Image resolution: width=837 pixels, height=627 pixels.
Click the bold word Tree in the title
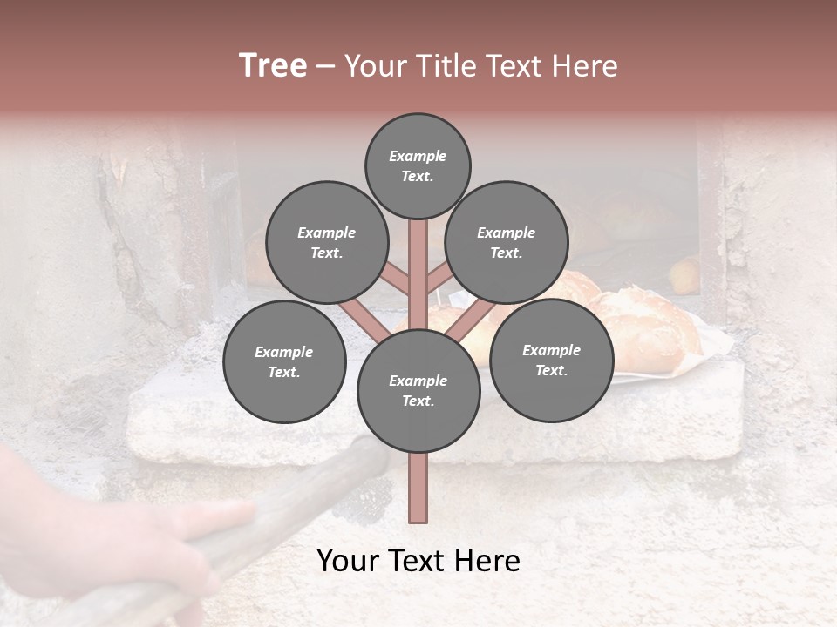click(273, 66)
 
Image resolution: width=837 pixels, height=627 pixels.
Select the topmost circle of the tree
click(418, 165)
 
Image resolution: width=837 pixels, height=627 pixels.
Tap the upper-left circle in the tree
click(326, 242)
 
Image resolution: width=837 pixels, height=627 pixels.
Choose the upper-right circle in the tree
click(506, 242)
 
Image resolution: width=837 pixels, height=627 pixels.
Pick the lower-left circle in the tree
click(283, 361)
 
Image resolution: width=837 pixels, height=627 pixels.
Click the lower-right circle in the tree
click(551, 360)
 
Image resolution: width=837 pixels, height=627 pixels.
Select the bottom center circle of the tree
click(418, 390)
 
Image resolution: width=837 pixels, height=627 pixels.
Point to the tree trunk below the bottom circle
click(418, 488)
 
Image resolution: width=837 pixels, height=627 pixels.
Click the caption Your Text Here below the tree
click(418, 561)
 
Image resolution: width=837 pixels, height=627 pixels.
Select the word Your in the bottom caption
click(347, 561)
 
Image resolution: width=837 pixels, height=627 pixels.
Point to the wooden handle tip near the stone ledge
click(366, 448)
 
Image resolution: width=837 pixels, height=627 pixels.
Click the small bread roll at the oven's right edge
click(685, 274)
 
